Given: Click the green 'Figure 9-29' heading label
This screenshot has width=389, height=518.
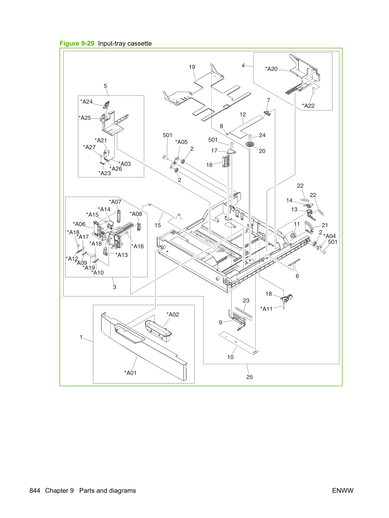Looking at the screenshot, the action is click(77, 43).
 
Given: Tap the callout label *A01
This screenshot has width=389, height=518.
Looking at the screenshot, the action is click(130, 373).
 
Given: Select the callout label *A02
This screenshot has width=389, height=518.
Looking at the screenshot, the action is click(173, 314).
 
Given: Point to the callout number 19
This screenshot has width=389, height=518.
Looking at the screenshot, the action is click(192, 67).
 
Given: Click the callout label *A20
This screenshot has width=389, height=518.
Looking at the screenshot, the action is click(271, 69).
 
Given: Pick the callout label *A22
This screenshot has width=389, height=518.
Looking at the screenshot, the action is click(308, 106).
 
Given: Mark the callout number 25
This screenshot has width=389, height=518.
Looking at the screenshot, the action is click(250, 377).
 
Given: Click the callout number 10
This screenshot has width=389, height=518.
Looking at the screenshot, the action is click(230, 357).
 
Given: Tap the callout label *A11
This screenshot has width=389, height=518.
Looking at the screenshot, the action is click(266, 309).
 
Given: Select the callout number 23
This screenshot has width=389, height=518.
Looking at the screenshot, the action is click(246, 300).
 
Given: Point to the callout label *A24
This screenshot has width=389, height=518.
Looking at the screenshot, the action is click(86, 101).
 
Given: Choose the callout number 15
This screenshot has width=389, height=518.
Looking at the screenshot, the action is click(157, 225).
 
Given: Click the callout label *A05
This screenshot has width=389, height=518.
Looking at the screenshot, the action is click(181, 142).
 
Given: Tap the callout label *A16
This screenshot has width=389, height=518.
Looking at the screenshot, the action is click(137, 246).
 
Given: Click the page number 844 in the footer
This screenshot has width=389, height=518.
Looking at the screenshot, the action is click(35, 490).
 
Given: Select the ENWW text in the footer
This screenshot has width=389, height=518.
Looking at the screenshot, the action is click(343, 490).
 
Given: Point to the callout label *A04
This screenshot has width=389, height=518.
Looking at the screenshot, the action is click(330, 236).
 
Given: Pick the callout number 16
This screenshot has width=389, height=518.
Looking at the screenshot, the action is click(209, 165).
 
